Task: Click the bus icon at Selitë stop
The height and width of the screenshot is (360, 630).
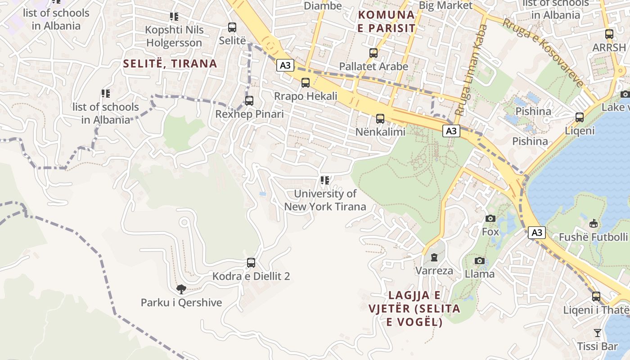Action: click(232, 27)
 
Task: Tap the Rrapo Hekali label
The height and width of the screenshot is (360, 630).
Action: click(306, 96)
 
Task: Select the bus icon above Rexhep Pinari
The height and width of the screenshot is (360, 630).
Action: click(249, 101)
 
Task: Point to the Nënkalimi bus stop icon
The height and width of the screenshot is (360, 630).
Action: click(380, 119)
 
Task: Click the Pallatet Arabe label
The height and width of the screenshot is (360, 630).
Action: click(373, 66)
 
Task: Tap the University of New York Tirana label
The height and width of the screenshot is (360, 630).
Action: click(325, 200)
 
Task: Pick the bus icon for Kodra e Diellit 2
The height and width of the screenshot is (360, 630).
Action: click(251, 263)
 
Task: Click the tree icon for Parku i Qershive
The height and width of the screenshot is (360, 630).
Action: click(181, 289)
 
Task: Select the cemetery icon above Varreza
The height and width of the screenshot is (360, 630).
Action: click(434, 257)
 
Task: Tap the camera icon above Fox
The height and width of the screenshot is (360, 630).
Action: click(490, 219)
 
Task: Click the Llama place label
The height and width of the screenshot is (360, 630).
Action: click(479, 274)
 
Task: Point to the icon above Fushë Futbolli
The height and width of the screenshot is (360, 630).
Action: click(594, 223)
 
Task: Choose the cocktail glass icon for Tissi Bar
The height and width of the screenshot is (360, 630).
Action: click(597, 333)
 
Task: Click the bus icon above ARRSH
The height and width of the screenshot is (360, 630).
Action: click(609, 34)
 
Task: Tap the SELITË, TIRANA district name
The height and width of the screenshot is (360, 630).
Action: click(170, 63)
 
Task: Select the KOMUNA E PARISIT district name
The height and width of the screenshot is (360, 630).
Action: click(386, 21)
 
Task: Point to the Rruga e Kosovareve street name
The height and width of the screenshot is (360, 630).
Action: click(543, 53)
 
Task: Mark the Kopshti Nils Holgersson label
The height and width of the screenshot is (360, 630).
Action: click(174, 36)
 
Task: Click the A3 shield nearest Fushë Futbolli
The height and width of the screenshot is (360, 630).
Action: click(536, 233)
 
